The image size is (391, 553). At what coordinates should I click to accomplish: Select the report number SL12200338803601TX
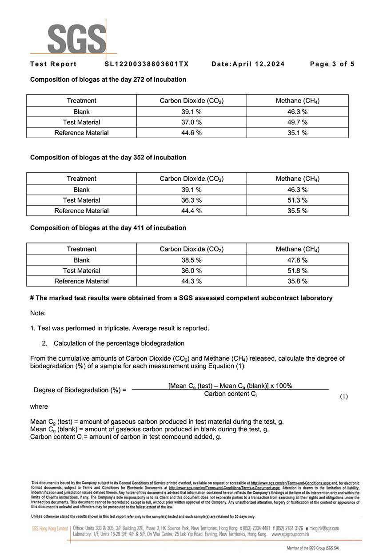[147, 64]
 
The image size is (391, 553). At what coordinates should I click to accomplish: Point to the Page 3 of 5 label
[332, 64]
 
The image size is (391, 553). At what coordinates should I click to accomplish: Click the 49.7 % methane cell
[297, 122]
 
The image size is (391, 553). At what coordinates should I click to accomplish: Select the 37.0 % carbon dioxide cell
[192, 122]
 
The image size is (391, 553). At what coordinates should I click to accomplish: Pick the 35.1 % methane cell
[297, 133]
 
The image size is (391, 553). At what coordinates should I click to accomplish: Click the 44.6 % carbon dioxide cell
[192, 133]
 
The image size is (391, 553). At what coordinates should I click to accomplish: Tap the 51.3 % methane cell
[297, 200]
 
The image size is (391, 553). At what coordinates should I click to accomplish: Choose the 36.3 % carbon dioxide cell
[192, 200]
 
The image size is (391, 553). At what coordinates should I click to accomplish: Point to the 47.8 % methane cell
[297, 260]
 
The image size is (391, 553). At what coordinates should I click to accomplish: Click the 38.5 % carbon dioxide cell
[192, 260]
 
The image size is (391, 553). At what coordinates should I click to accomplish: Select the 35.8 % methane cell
[297, 281]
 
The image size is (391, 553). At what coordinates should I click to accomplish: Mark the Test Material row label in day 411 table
[81, 271]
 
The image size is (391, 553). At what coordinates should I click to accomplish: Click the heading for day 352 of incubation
[108, 157]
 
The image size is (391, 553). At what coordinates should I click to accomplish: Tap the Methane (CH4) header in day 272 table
[297, 101]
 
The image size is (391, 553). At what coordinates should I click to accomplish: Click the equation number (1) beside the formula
[343, 396]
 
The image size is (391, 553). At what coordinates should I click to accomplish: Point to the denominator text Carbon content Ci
[230, 394]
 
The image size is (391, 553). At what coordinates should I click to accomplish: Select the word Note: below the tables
[38, 313]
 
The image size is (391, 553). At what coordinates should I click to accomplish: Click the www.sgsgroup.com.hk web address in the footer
[290, 534]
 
